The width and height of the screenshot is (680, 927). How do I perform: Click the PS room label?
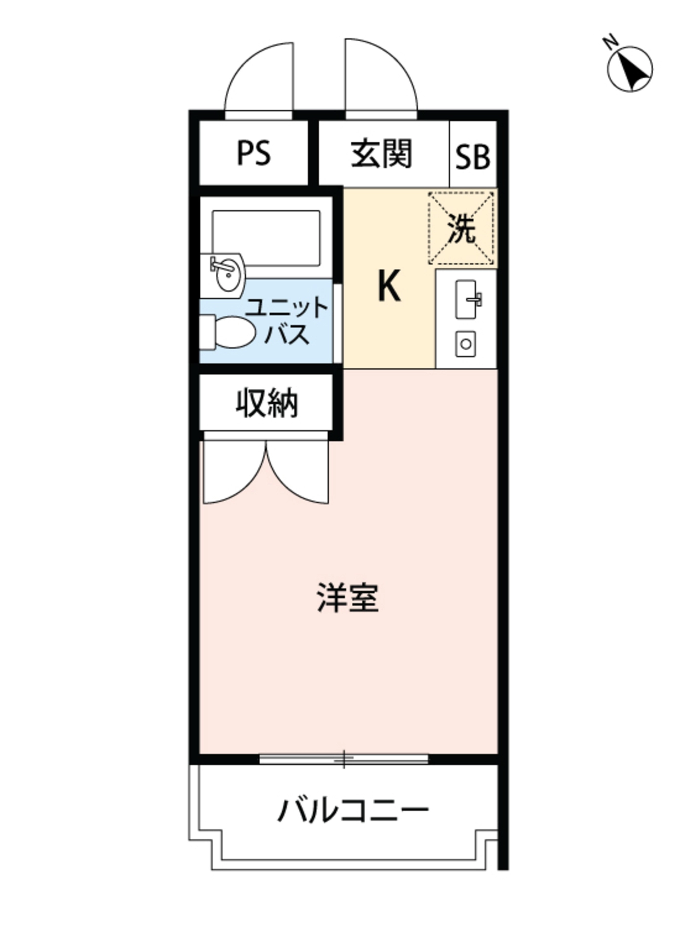point(253,153)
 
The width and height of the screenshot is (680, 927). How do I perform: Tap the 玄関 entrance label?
point(382,153)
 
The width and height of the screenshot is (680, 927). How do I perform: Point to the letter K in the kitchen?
point(389,287)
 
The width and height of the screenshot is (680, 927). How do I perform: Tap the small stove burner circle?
point(466,344)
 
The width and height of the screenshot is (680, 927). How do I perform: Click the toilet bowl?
point(233,332)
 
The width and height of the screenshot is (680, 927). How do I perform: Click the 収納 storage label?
point(267,403)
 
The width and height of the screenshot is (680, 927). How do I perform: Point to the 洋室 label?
point(348,597)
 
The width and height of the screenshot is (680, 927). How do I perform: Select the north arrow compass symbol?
point(630,69)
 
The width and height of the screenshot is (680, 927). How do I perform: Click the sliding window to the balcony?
point(344,758)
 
